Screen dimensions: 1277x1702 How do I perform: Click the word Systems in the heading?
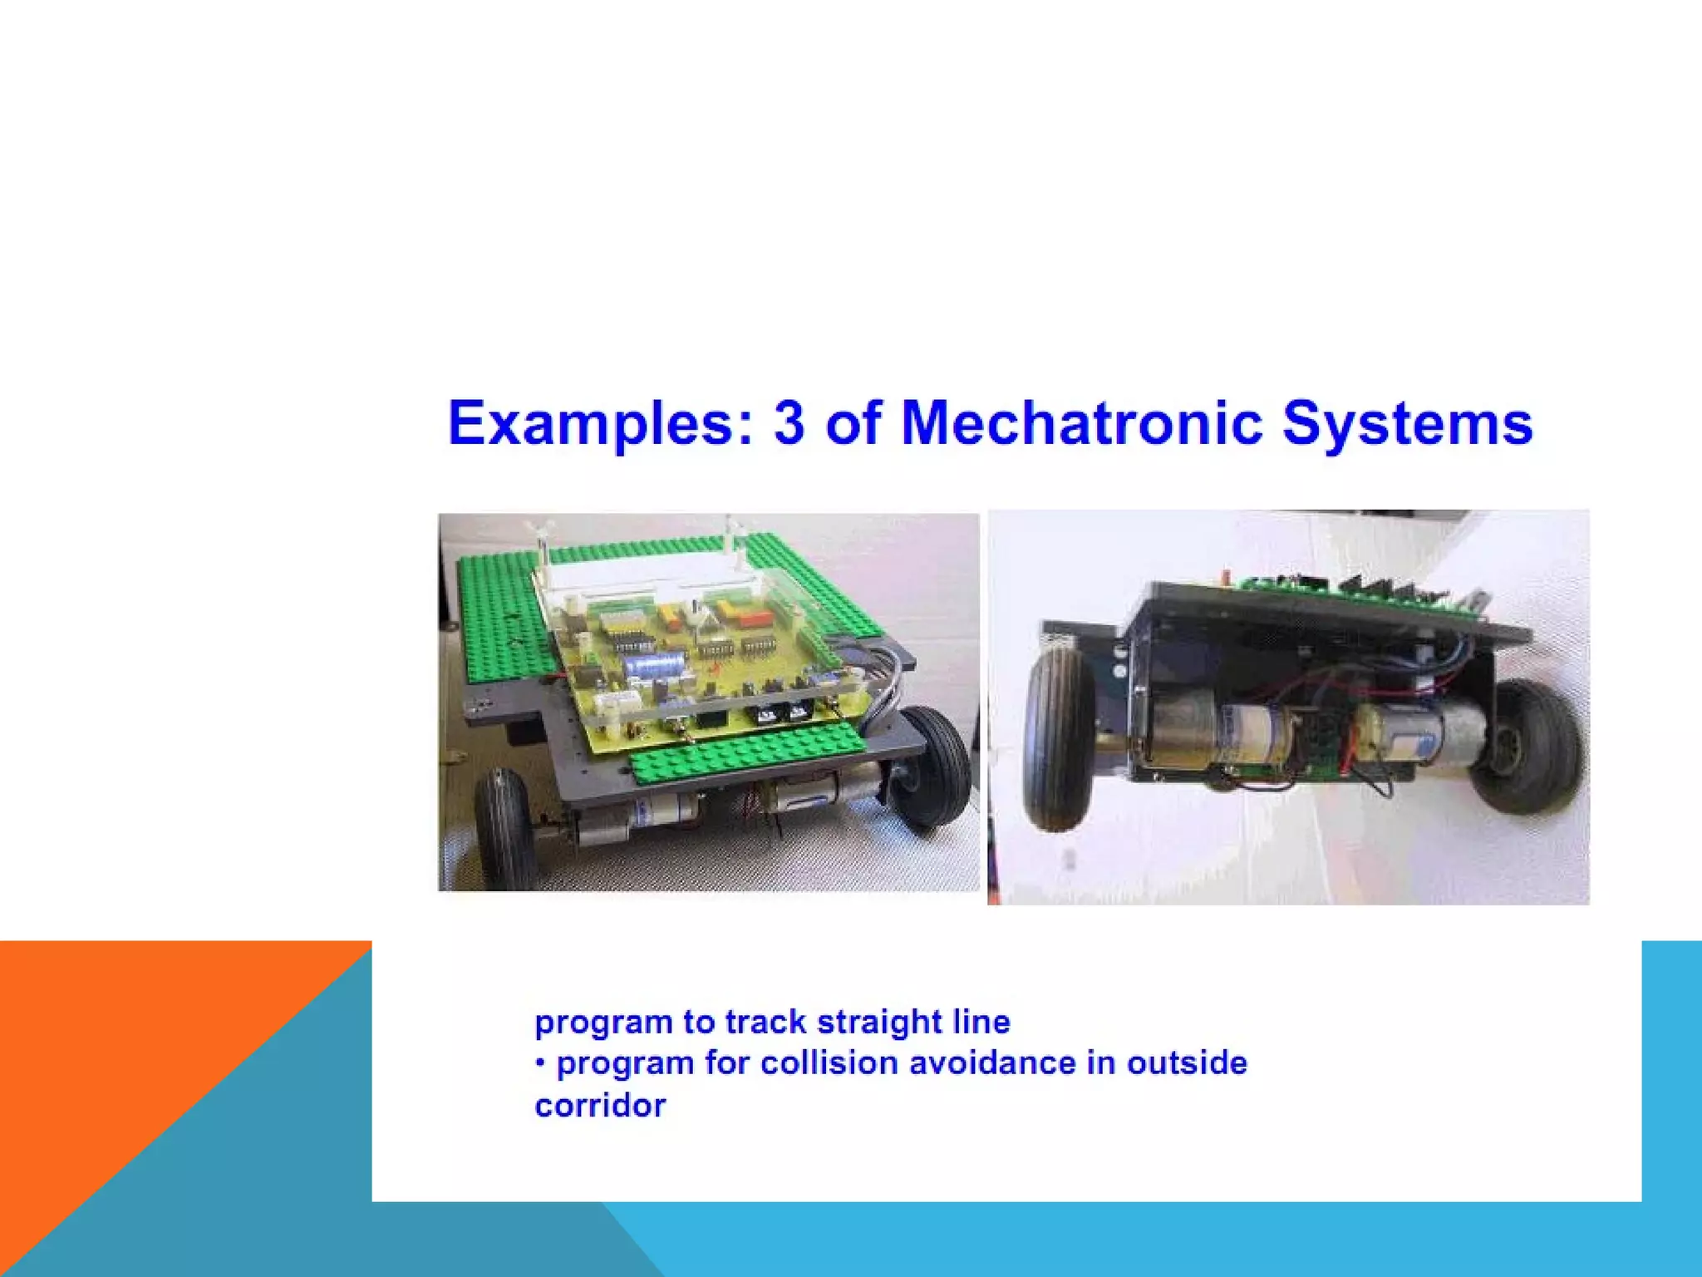pos(1406,424)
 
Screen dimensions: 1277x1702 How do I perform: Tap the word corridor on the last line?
pos(600,1106)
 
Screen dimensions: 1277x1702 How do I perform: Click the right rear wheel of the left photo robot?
pos(935,765)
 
